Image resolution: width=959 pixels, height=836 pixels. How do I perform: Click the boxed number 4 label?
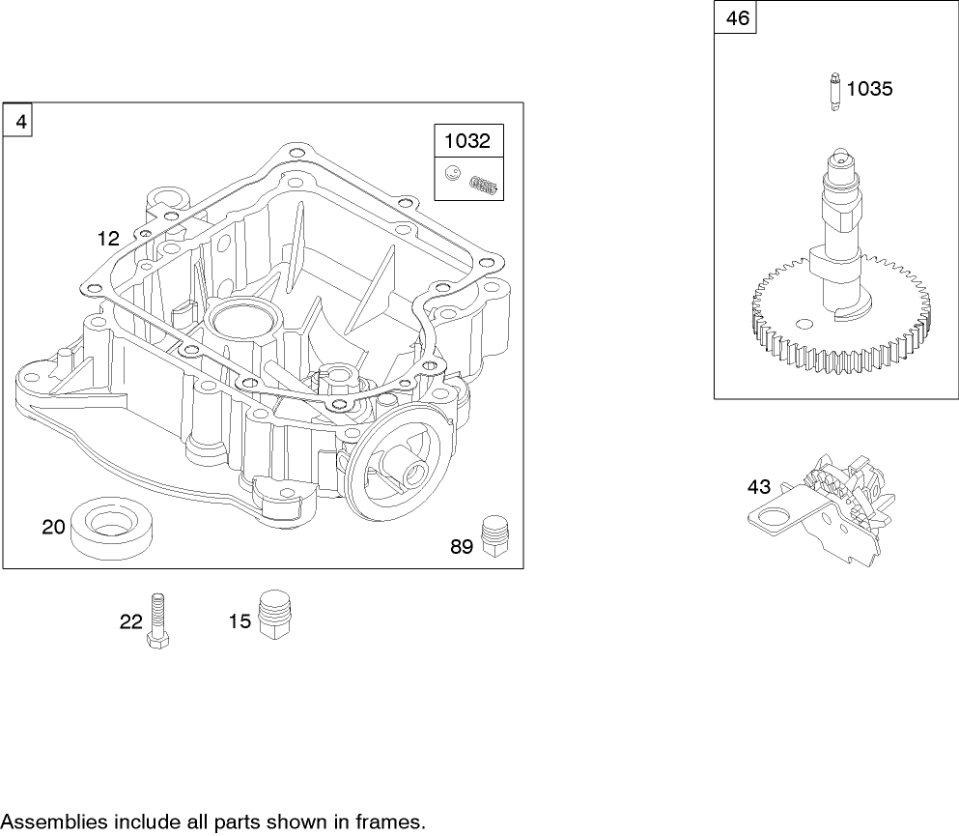pos(18,122)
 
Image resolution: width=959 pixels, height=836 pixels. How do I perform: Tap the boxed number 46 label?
pos(736,19)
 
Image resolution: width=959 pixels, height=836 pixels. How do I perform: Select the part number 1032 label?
pos(467,141)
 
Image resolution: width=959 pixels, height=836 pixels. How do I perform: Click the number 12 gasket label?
pos(107,238)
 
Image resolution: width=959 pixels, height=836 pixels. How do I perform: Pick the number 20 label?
pos(54,527)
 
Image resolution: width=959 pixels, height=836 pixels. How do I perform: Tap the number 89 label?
pos(462,547)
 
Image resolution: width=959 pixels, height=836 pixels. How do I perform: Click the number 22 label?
pos(131,622)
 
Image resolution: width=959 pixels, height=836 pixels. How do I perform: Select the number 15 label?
pos(240,621)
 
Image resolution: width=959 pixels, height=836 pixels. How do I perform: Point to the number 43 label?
pos(759,488)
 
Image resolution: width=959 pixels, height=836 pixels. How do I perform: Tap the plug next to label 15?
pos(276,615)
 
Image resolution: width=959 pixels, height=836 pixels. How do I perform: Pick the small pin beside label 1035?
pos(832,93)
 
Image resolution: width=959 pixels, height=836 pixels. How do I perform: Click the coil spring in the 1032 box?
pos(485,184)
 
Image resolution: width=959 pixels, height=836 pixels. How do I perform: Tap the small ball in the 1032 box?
pos(452,174)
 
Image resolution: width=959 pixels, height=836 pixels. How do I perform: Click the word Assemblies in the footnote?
pos(54,823)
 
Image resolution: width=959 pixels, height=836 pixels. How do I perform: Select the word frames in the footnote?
pos(392,823)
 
